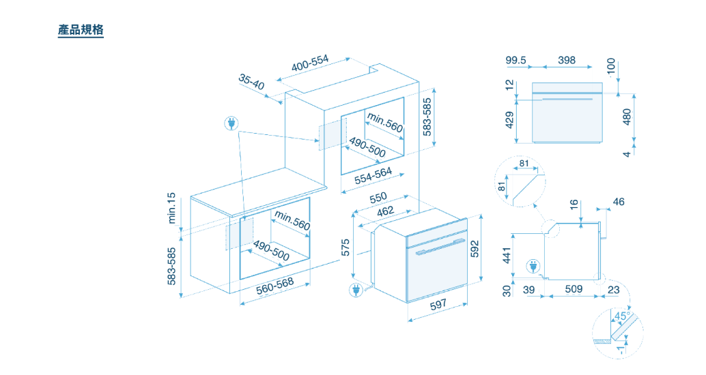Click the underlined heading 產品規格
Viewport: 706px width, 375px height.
pos(81,30)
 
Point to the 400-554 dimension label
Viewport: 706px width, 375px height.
pos(310,63)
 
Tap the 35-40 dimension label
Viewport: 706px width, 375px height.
pos(251,82)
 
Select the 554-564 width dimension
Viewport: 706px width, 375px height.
pos(373,176)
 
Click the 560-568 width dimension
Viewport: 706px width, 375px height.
pos(275,286)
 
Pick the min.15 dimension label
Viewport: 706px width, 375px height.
pos(171,208)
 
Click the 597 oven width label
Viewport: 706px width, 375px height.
pos(438,305)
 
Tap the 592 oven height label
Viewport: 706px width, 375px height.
pos(475,249)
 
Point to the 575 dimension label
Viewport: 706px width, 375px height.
pos(345,247)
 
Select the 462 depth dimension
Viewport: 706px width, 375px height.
pos(385,211)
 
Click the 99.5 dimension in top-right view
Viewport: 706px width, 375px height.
pos(516,60)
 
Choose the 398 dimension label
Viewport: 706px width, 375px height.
pos(567,60)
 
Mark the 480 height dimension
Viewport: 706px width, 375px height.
pos(627,117)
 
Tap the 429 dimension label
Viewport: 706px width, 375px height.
pos(509,120)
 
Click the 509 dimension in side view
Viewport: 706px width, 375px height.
pos(574,288)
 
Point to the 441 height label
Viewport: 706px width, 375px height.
pos(507,256)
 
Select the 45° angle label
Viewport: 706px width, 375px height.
pos(621,316)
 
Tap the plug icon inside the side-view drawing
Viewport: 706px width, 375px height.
pos(533,267)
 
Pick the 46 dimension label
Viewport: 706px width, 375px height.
pos(619,202)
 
